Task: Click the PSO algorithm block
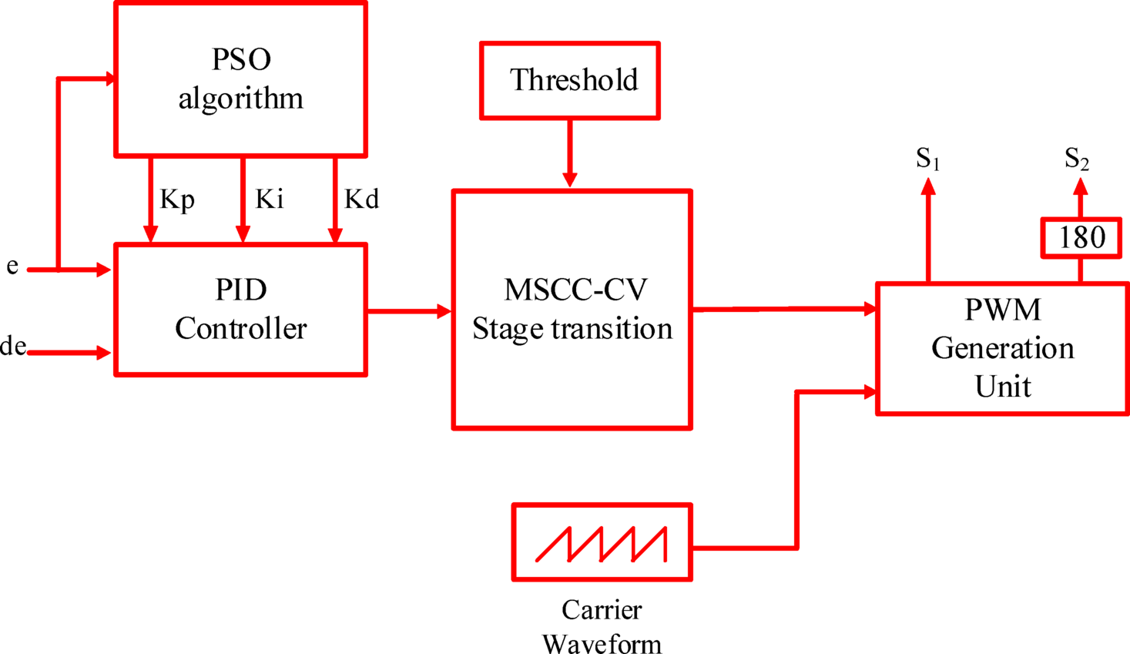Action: (x=240, y=79)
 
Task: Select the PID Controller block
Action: (x=240, y=310)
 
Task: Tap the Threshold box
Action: (x=570, y=81)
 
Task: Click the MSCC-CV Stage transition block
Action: (x=572, y=310)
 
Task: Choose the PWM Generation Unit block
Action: (x=1002, y=348)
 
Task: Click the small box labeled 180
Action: (x=1081, y=237)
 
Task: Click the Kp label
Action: (x=177, y=200)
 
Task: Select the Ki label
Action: (x=270, y=200)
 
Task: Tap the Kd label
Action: (x=361, y=200)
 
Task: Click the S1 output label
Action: (x=927, y=159)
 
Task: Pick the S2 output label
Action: (x=1076, y=159)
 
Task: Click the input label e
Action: (x=12, y=267)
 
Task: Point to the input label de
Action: (x=13, y=347)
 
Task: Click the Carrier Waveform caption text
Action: (x=602, y=626)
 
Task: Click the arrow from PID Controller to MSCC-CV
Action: (x=409, y=311)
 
